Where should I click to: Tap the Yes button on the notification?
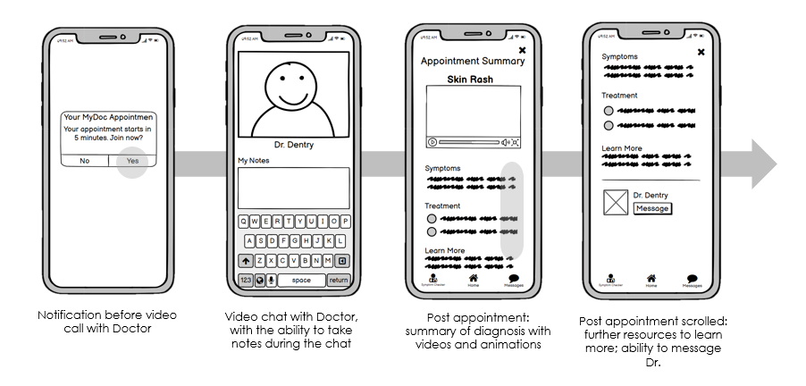click(132, 161)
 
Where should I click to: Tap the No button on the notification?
click(85, 161)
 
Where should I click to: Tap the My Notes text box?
click(293, 188)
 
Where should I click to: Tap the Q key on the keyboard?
click(243, 222)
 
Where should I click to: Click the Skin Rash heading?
click(473, 80)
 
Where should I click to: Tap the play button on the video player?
click(432, 142)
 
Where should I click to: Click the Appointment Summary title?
click(473, 61)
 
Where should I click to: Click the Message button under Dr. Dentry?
click(651, 208)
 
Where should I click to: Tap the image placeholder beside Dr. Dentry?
click(615, 202)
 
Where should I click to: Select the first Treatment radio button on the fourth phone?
click(609, 111)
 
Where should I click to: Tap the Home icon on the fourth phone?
click(651, 279)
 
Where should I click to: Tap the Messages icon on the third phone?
click(514, 279)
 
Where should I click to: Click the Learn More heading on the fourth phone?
click(622, 147)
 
